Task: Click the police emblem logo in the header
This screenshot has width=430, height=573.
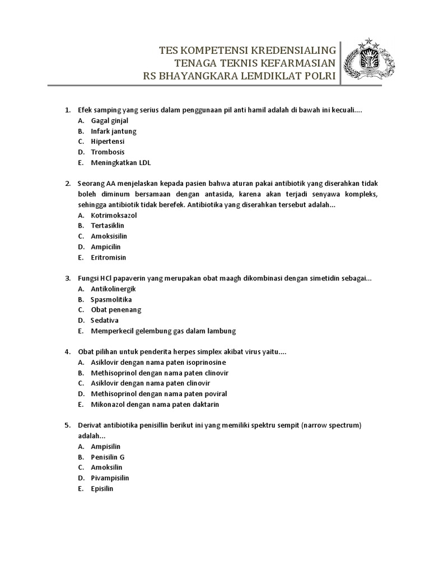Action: coord(366,60)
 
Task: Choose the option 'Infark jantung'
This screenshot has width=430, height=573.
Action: coord(114,131)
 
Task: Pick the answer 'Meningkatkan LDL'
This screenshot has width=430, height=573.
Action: coord(121,163)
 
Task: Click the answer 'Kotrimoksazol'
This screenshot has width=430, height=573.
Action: coord(114,215)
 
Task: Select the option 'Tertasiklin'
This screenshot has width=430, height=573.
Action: coord(107,226)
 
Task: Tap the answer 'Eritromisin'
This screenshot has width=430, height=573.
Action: coord(109,257)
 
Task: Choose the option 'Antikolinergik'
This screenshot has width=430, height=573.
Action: coord(113,289)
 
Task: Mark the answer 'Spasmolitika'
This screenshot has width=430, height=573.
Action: coord(111,299)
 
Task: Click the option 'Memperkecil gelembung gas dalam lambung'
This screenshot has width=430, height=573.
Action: coord(163,331)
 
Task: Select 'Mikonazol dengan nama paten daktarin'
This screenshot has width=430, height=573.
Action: coord(155,404)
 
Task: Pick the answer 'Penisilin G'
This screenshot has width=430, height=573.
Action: coord(107,457)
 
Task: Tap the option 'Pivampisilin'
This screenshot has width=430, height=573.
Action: coord(110,478)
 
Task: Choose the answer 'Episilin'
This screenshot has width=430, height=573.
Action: coord(102,489)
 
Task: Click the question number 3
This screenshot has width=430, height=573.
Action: coord(67,278)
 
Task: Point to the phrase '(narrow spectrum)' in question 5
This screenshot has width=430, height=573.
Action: coord(331,425)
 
